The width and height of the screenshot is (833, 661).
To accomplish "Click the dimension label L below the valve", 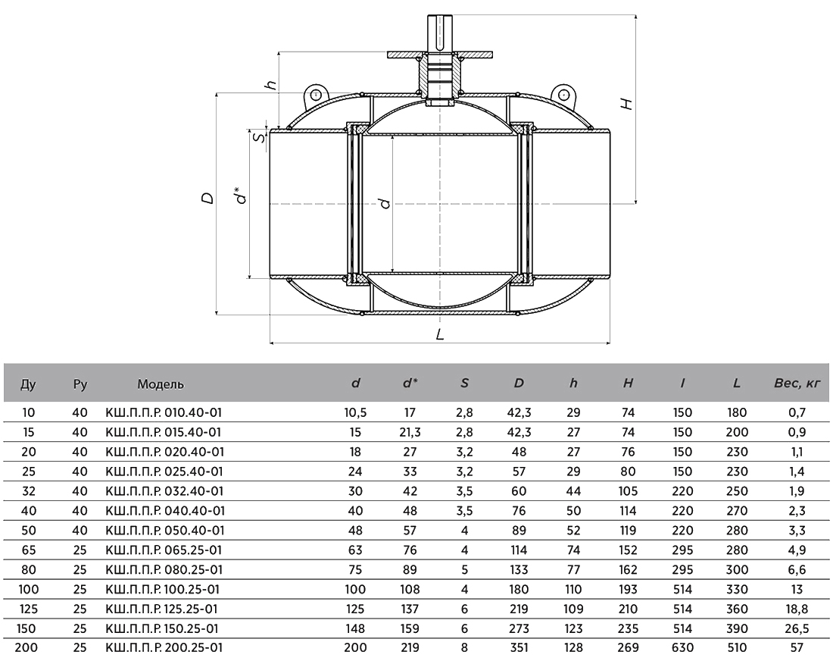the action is coord(440,334).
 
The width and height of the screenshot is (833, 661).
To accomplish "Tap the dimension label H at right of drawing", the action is coord(628,104).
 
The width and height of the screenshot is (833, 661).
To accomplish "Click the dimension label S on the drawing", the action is coord(259,138).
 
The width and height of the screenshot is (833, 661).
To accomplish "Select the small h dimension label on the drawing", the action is coord(271,84).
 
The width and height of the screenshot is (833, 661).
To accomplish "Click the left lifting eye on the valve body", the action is coord(316,96).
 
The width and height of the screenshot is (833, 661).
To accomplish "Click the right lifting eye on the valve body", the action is coord(563,95).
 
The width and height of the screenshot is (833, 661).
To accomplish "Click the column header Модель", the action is coord(161,384).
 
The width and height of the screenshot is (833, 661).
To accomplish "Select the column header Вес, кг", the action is coord(797,383).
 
